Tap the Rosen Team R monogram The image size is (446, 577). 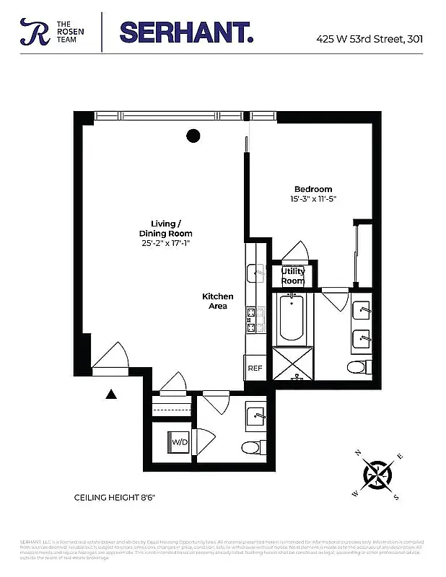click(33, 32)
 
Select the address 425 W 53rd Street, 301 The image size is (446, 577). click(370, 39)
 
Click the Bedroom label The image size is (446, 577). click(313, 189)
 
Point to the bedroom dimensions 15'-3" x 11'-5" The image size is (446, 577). click(313, 198)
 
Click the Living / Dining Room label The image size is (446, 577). click(166, 228)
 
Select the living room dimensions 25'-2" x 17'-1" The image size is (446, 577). click(166, 244)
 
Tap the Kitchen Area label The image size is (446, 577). click(217, 301)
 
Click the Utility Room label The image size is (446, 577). click(293, 276)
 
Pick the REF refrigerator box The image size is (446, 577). click(255, 368)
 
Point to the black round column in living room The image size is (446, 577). click(193, 134)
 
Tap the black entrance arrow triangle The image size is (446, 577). click(111, 394)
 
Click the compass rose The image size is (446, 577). click(378, 474)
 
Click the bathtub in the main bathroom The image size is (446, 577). click(293, 317)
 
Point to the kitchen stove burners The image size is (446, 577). click(252, 320)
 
